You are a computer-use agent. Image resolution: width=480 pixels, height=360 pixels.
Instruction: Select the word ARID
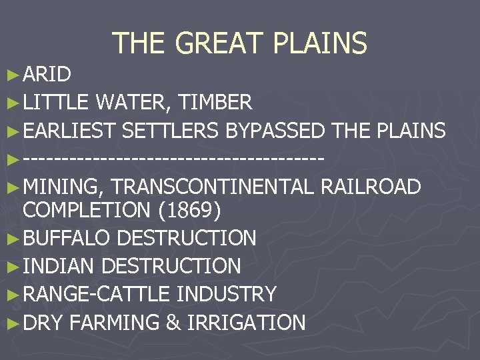click(47, 74)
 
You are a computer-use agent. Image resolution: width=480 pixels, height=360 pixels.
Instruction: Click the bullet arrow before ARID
click(13, 75)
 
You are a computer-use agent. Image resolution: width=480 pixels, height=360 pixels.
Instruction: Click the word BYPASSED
click(275, 131)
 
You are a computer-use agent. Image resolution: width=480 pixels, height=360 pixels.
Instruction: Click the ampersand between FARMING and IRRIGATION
click(173, 323)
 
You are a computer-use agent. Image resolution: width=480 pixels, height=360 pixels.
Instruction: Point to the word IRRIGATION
click(246, 323)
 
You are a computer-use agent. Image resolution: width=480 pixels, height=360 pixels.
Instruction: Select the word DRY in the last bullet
click(43, 323)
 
